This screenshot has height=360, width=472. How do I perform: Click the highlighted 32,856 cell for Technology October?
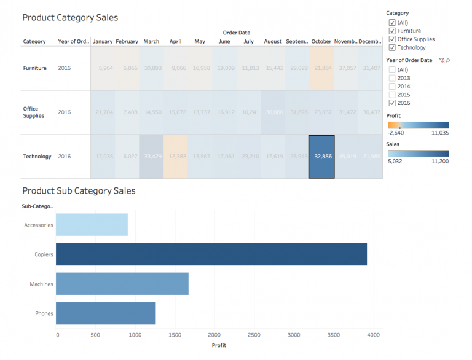click(x=321, y=157)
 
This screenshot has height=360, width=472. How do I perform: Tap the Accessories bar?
click(x=92, y=225)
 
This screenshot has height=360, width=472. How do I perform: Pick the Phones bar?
click(x=106, y=313)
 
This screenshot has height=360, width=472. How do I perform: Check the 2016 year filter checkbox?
click(x=392, y=103)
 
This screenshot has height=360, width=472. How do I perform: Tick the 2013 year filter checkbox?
click(x=392, y=78)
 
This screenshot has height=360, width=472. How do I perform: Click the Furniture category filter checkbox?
click(x=392, y=31)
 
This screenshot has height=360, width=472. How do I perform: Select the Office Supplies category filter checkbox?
click(x=392, y=39)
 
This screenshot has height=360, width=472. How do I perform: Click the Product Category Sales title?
click(x=70, y=18)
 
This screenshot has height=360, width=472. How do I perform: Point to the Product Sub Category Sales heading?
click(x=79, y=191)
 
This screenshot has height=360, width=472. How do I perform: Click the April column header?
click(x=175, y=42)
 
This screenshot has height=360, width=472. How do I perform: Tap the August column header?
click(x=273, y=42)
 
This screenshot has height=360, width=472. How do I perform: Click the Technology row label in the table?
click(x=37, y=157)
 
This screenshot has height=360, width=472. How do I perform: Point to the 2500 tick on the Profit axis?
click(x=253, y=335)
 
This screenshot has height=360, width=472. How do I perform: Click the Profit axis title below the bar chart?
click(x=219, y=345)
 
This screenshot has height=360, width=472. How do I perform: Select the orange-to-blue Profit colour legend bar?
click(x=417, y=125)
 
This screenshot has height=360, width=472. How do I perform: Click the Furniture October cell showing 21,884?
click(x=321, y=68)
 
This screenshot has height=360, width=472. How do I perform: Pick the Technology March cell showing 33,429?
click(x=152, y=157)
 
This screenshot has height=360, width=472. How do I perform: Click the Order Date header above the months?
click(x=236, y=33)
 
